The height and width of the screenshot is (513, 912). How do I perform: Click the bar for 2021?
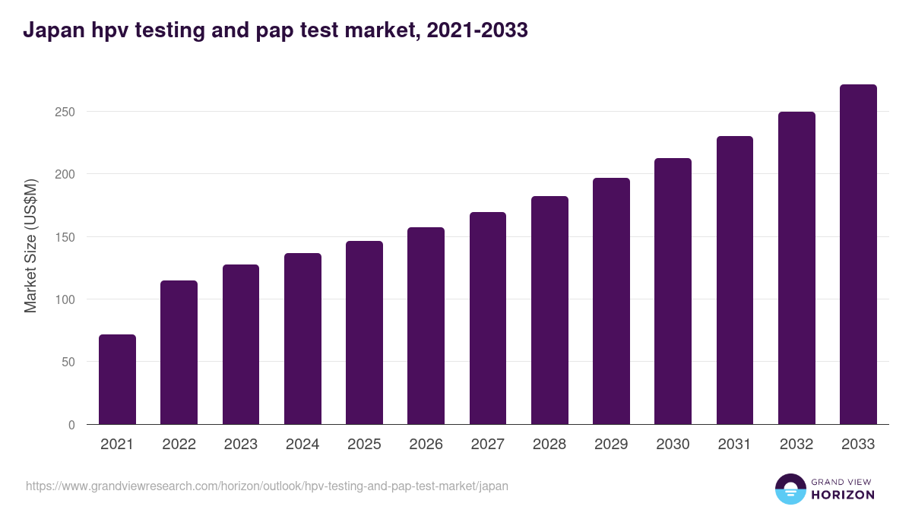(117, 379)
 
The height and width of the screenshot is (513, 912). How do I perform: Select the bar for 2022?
(179, 353)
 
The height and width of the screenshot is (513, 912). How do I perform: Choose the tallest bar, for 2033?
(858, 255)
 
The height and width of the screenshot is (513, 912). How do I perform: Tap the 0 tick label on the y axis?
(71, 425)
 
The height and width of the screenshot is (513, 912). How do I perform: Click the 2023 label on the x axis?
(240, 445)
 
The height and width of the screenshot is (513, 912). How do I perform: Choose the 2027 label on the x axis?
(487, 445)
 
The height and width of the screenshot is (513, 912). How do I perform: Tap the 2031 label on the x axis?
(734, 445)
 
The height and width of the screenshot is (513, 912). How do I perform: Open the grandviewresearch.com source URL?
(267, 486)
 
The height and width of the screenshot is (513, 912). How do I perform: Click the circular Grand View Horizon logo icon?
(790, 489)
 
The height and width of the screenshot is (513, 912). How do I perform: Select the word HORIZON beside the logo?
(843, 495)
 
